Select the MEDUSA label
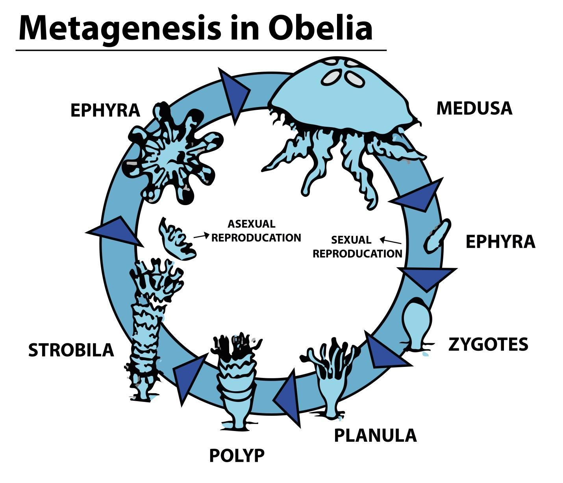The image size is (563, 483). [474, 108]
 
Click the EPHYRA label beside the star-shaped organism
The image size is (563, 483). [105, 111]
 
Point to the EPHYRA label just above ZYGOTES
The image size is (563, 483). [500, 242]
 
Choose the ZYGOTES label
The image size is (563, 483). [488, 344]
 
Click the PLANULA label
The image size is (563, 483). [375, 435]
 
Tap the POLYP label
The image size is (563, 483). [237, 455]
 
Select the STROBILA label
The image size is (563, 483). [71, 350]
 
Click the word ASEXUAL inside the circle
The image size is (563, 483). [251, 224]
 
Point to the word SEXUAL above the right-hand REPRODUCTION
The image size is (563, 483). [351, 240]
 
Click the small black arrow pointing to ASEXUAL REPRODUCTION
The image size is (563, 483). [201, 236]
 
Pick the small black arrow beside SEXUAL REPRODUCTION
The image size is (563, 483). [390, 240]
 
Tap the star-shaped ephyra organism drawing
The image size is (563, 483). [173, 154]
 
